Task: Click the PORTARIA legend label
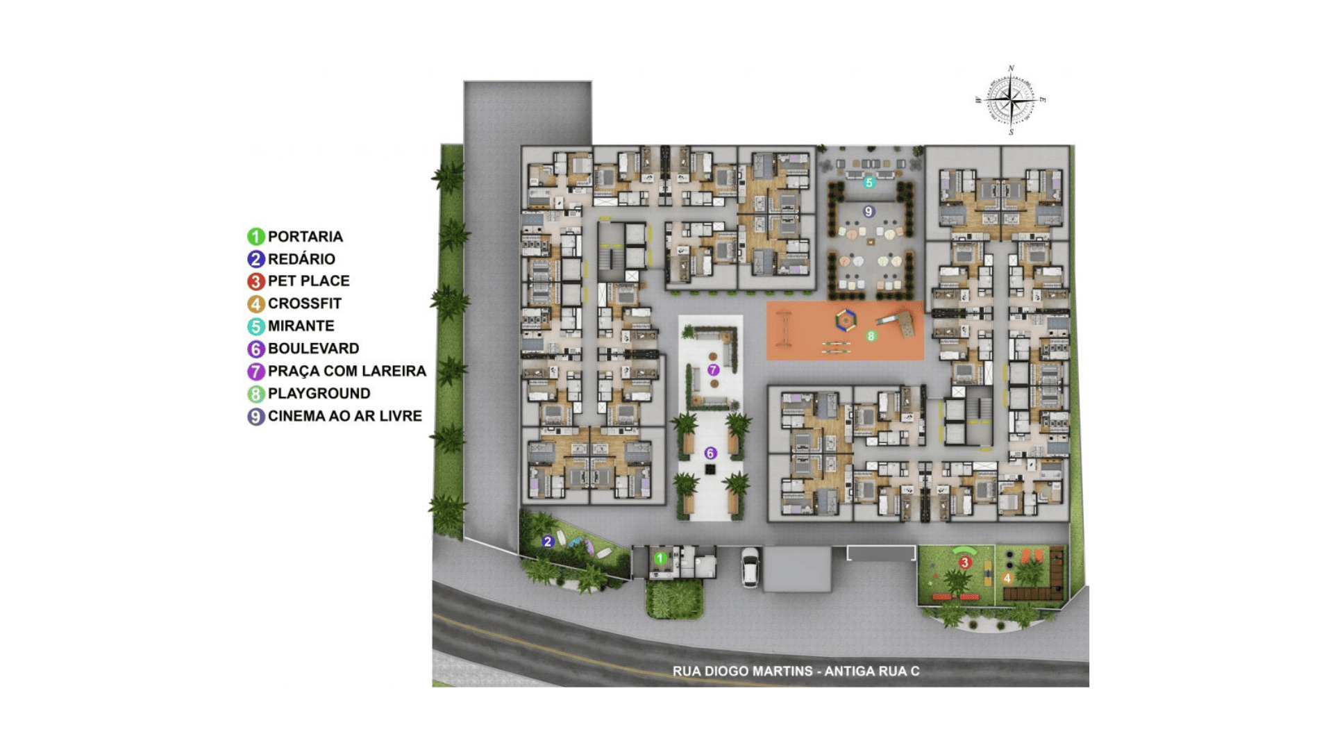(x=305, y=237)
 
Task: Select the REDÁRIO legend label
(x=301, y=259)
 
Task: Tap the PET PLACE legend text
(x=309, y=281)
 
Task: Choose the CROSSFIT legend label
(x=305, y=303)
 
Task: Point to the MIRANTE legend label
(x=301, y=326)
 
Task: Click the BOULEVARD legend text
(x=314, y=349)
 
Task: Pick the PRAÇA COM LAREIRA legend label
(x=347, y=371)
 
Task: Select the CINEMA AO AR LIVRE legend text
(x=345, y=416)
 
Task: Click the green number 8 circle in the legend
(x=256, y=394)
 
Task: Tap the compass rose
(x=1011, y=101)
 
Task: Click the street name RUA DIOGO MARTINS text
(x=742, y=672)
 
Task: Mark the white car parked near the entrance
(x=750, y=567)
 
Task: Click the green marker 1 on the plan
(x=660, y=558)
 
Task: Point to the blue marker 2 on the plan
(x=548, y=542)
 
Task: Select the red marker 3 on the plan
(x=964, y=562)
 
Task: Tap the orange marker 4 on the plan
(x=1007, y=578)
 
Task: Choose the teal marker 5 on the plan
(x=869, y=183)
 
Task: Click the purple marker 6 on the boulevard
(x=710, y=453)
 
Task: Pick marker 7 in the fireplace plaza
(x=713, y=370)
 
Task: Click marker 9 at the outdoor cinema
(x=868, y=211)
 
